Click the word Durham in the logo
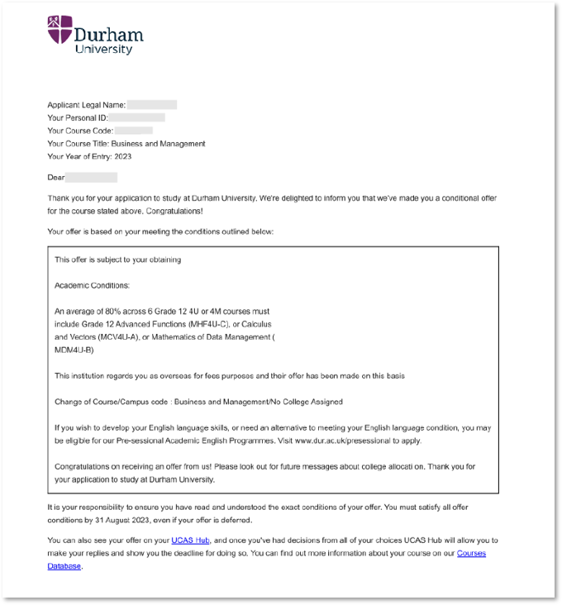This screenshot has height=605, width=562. pyautogui.click(x=108, y=34)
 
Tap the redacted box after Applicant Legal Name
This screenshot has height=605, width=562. pyautogui.click(x=152, y=105)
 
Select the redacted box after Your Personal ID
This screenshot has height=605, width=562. pyautogui.click(x=137, y=117)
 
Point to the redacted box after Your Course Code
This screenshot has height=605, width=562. pyautogui.click(x=134, y=131)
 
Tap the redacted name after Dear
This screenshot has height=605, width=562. pyautogui.click(x=91, y=178)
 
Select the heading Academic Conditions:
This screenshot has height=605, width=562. pyautogui.click(x=92, y=285)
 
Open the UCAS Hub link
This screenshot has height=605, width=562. pyautogui.click(x=192, y=541)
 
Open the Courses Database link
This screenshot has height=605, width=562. pyautogui.click(x=471, y=553)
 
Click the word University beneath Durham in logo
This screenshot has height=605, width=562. pyautogui.click(x=103, y=49)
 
